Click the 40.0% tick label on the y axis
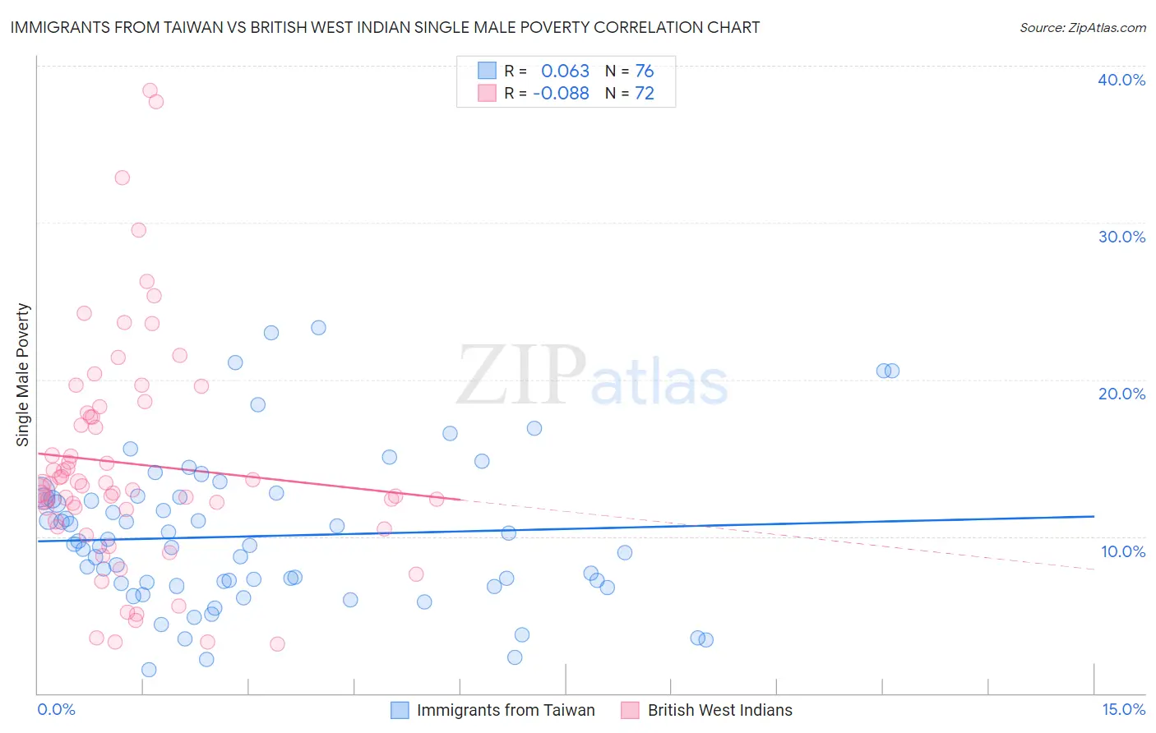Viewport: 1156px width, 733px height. click(x=1121, y=80)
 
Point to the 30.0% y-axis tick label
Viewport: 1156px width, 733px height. click(x=1121, y=237)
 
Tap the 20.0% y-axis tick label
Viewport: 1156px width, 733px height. click(x=1121, y=394)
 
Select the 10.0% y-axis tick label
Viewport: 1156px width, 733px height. click(x=1121, y=551)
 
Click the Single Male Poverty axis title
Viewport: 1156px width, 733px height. click(x=23, y=375)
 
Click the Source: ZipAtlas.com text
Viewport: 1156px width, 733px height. click(x=1082, y=27)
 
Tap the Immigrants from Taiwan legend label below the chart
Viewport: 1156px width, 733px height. click(x=506, y=711)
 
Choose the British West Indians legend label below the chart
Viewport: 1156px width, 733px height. click(x=719, y=711)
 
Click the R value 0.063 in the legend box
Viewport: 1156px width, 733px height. click(x=565, y=71)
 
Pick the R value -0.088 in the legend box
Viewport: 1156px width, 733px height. click(x=561, y=94)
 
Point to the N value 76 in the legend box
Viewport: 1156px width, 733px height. click(x=645, y=71)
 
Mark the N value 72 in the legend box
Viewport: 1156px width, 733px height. click(x=645, y=94)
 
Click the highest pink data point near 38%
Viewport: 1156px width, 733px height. click(x=150, y=90)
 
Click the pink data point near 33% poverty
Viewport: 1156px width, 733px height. click(x=122, y=177)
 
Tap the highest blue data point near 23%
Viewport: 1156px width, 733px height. click(x=318, y=328)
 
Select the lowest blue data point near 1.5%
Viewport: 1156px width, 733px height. click(x=149, y=670)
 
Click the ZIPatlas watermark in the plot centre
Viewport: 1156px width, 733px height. click(x=592, y=376)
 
